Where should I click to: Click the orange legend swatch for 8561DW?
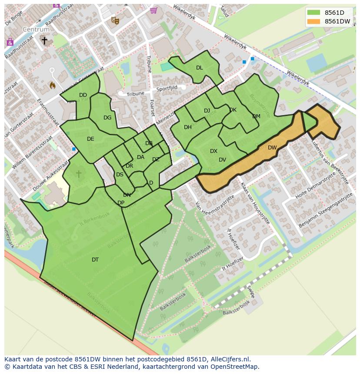(x=313, y=21)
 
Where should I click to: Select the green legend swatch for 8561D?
(x=313, y=13)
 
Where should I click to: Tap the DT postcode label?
(x=95, y=260)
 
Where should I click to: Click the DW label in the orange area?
(x=272, y=148)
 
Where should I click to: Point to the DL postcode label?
(x=199, y=67)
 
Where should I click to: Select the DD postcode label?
(x=83, y=95)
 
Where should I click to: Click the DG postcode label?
(x=107, y=118)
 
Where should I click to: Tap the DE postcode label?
(x=90, y=139)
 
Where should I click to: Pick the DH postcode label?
(x=188, y=127)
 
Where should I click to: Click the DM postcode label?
(x=256, y=116)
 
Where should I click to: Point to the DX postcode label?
(x=213, y=151)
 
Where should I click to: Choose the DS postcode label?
(x=120, y=175)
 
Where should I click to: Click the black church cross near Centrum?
(x=44, y=40)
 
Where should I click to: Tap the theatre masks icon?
(x=115, y=20)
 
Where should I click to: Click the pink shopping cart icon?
(x=153, y=10)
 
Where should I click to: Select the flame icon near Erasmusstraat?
(x=53, y=85)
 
